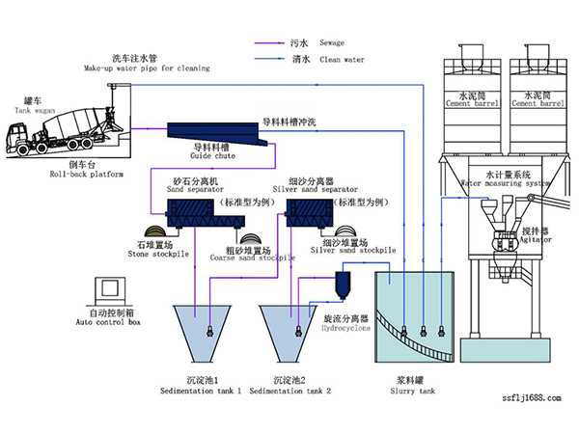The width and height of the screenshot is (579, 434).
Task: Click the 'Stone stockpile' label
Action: [154, 255]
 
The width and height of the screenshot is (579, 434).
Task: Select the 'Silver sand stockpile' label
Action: [348, 250]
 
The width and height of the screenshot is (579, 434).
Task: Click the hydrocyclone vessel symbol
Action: [342, 285]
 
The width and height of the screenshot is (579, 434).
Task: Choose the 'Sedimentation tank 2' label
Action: [289, 391]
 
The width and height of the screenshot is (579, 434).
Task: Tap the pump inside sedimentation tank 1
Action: [208, 332]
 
